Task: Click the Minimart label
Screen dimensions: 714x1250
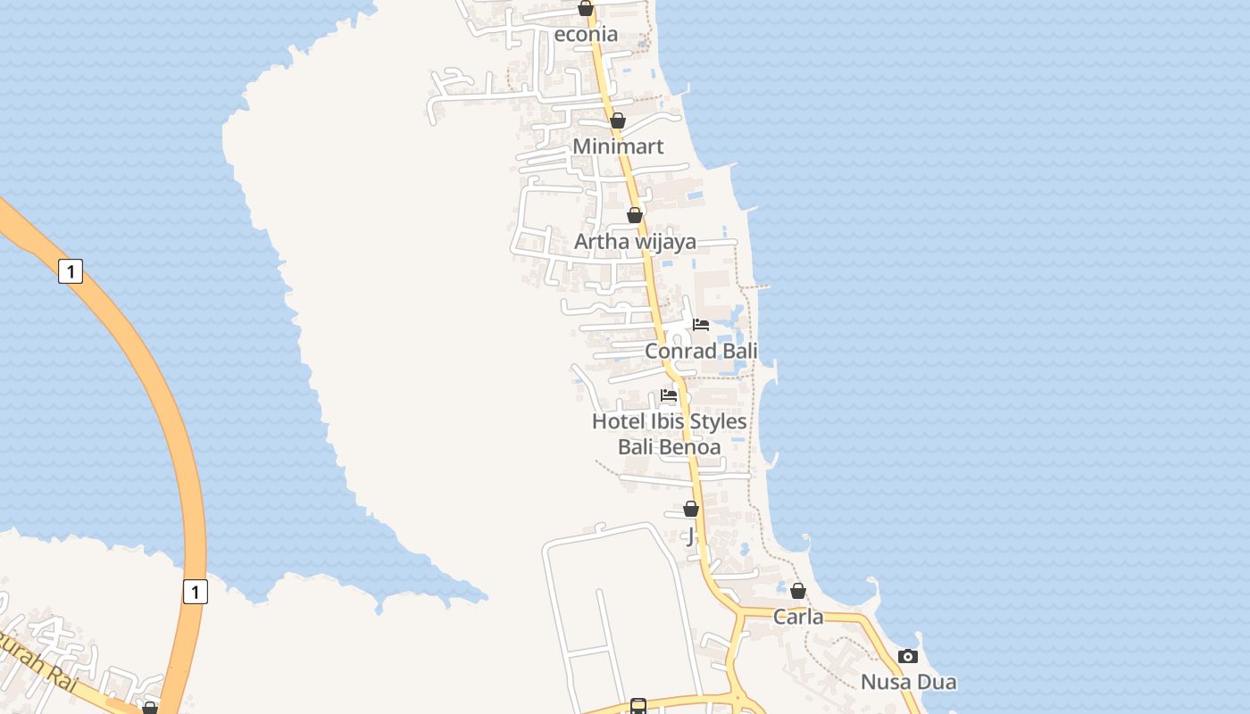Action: pyautogui.click(x=618, y=146)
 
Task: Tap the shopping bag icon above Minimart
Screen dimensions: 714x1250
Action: pyautogui.click(x=617, y=120)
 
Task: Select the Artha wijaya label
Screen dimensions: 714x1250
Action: pyautogui.click(x=635, y=242)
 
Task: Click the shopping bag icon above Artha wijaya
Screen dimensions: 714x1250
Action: pyautogui.click(x=634, y=215)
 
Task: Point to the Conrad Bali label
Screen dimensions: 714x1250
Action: pyautogui.click(x=701, y=351)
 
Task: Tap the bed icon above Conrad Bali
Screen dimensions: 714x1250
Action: pyautogui.click(x=701, y=325)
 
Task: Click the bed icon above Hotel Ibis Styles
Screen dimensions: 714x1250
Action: pyautogui.click(x=669, y=395)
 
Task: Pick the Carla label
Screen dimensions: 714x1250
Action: pyautogui.click(x=798, y=617)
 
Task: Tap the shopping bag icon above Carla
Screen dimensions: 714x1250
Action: pyautogui.click(x=798, y=591)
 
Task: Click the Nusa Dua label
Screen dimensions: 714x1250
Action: pyautogui.click(x=908, y=683)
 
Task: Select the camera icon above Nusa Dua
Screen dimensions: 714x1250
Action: pyautogui.click(x=908, y=657)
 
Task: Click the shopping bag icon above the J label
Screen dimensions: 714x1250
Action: pyautogui.click(x=691, y=509)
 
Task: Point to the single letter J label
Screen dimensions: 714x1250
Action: pyautogui.click(x=690, y=535)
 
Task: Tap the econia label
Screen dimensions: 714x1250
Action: pyautogui.click(x=586, y=34)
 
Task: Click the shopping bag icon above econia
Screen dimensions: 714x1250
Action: pyautogui.click(x=586, y=8)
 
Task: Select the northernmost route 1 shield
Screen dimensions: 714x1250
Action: pyautogui.click(x=71, y=270)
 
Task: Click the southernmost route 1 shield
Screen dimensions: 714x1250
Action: pyautogui.click(x=196, y=591)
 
